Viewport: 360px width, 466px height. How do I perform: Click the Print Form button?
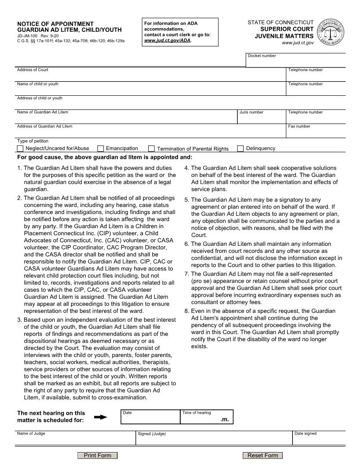coord(97,455)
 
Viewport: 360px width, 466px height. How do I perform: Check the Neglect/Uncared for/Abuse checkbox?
coord(20,149)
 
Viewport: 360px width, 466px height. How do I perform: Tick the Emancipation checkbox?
coord(101,149)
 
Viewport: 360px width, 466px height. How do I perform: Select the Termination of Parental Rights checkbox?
coord(152,149)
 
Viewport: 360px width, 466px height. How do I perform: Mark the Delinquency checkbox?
coord(240,149)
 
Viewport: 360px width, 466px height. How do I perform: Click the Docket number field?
coord(296,62)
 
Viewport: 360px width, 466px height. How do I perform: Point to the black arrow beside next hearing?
coord(101,417)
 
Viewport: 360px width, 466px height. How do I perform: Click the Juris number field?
coord(262,119)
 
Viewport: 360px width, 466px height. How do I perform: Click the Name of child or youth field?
coord(150,90)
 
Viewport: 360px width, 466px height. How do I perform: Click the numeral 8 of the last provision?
coord(187,311)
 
